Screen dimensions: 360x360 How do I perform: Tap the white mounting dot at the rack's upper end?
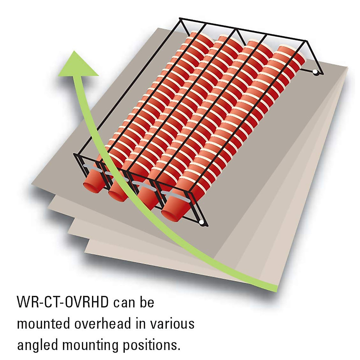pos(315,72)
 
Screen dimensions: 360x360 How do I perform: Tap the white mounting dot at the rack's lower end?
pos(202,222)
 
